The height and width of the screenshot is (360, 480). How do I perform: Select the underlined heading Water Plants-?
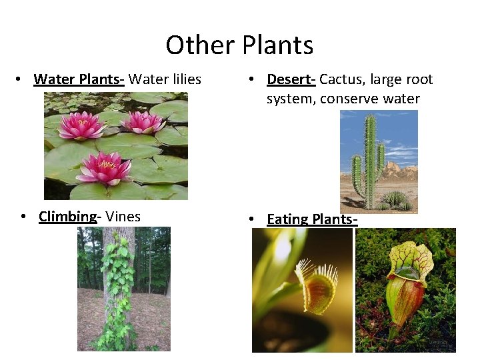79,79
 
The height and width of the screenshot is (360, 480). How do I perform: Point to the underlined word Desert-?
291,79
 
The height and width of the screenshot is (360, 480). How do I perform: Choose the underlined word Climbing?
68,217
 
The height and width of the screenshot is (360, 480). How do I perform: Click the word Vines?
123,217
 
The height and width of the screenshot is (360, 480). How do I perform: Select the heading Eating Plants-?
312,219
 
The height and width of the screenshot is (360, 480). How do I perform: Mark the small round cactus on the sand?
396,198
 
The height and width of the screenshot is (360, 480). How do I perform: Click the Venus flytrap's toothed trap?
315,287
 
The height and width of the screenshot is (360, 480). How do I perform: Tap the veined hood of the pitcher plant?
410,257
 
